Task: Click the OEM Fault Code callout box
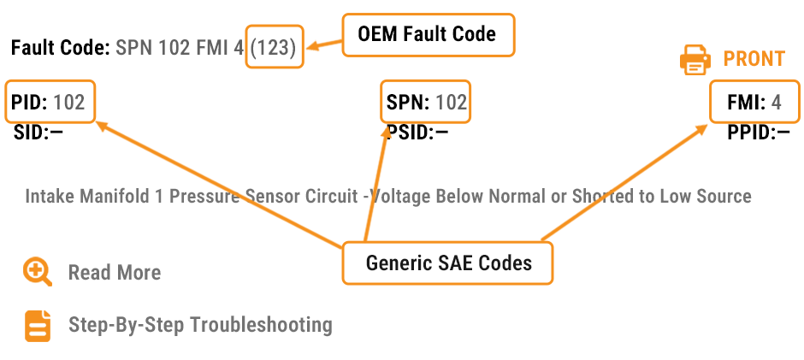tap(428, 35)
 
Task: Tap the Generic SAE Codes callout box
tap(448, 263)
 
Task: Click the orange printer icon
tap(695, 59)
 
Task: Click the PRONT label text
tap(754, 59)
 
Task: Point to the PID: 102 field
tap(49, 103)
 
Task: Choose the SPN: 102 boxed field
tap(426, 103)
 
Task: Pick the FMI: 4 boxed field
tap(754, 103)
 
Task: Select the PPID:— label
tap(758, 132)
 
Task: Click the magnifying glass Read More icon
tap(38, 272)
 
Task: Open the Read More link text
tap(115, 273)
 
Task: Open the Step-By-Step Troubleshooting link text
tap(200, 325)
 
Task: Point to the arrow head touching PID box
tap(101, 126)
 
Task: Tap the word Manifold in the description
tap(115, 197)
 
